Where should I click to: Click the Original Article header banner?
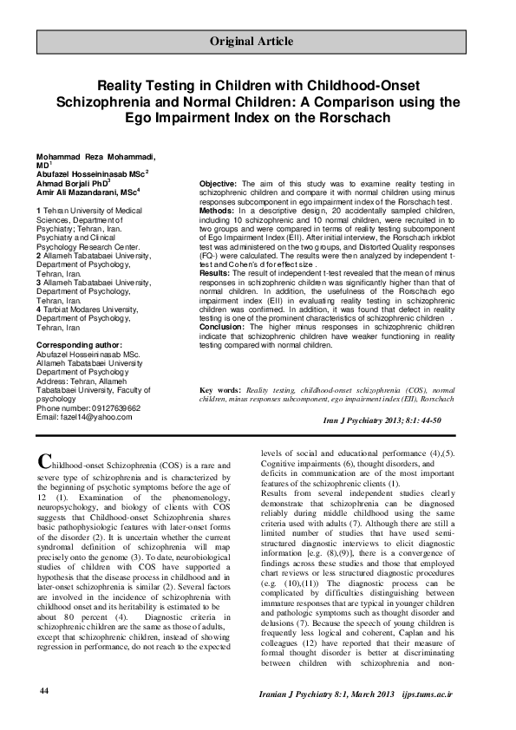tap(258, 42)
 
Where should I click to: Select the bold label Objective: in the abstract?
tap(219, 185)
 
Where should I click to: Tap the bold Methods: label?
tap(218, 210)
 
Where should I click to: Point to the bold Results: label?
tap(217, 270)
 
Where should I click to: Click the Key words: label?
tap(220, 391)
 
